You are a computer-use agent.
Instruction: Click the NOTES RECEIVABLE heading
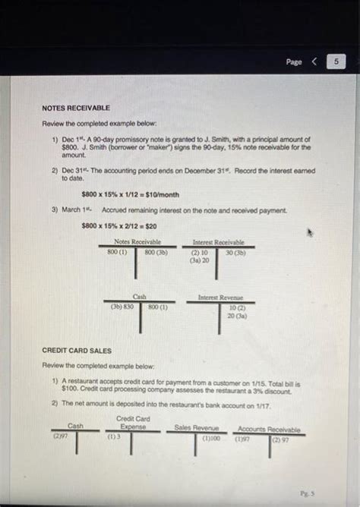click(x=76, y=109)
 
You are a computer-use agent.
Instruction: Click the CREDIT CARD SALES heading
click(x=77, y=351)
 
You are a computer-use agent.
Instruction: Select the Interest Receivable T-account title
click(x=218, y=241)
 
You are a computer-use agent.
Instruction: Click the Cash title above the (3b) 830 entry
click(x=140, y=297)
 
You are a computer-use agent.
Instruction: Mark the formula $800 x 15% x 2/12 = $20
click(x=119, y=225)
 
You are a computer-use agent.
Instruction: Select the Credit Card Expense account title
click(x=133, y=423)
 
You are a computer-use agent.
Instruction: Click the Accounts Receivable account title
click(x=269, y=429)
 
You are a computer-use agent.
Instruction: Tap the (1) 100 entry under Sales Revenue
click(x=210, y=438)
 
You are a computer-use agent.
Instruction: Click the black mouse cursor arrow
click(x=309, y=232)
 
